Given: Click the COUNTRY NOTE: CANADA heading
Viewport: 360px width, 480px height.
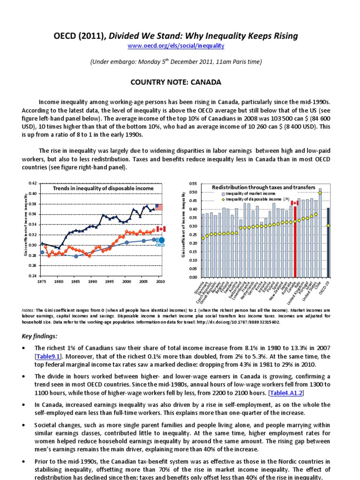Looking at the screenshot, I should pos(180,82).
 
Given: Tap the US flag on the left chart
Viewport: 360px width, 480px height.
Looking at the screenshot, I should pos(159,207).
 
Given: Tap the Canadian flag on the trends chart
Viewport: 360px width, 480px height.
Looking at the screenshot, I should pos(161,229).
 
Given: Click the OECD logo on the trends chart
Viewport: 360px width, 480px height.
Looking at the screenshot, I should pos(160,240).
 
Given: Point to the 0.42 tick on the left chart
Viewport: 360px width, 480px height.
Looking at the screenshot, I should pos(32,183).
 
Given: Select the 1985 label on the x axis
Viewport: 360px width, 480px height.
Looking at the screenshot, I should pos(75,281).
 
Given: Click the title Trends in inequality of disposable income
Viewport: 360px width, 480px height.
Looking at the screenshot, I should pos(103,188).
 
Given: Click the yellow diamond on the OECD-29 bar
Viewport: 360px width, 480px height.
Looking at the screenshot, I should pos(329,225).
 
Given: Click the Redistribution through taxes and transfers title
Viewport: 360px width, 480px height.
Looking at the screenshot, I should pos(263,187).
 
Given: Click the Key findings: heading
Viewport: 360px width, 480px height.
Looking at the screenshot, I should pos(41,336).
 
